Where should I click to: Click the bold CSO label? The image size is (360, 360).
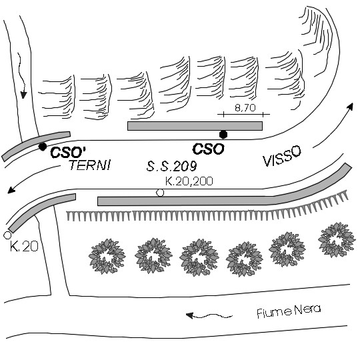coord(208,149)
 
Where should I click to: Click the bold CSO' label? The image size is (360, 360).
coord(68,152)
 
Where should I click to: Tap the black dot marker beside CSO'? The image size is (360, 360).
coord(43,147)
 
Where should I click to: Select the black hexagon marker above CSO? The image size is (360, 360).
coord(223,135)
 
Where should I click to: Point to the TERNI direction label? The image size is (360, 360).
coord(90,165)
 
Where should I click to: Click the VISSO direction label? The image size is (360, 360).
coord(282,156)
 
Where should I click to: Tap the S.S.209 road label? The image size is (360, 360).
coord(171,166)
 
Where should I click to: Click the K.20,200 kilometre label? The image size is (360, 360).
coord(189,181)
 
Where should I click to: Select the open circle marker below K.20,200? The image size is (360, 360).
coord(160,193)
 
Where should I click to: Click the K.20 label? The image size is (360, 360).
coord(24,247)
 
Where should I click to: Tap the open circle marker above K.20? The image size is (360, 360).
coord(7,235)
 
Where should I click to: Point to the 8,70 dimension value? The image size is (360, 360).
coord(245,107)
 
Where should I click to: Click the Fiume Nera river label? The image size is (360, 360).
coord(289,311)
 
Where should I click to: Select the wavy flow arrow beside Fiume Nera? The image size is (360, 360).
coord(209,316)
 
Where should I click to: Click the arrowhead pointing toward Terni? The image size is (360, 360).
coord(11,190)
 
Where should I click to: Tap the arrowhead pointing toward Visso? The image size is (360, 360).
coord(350,107)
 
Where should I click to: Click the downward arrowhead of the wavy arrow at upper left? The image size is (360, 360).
coord(23,95)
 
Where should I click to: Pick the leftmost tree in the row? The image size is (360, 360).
coord(107,256)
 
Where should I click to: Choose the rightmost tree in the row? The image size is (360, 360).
coord(337,240)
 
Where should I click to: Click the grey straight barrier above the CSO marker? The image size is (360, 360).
coord(195,126)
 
